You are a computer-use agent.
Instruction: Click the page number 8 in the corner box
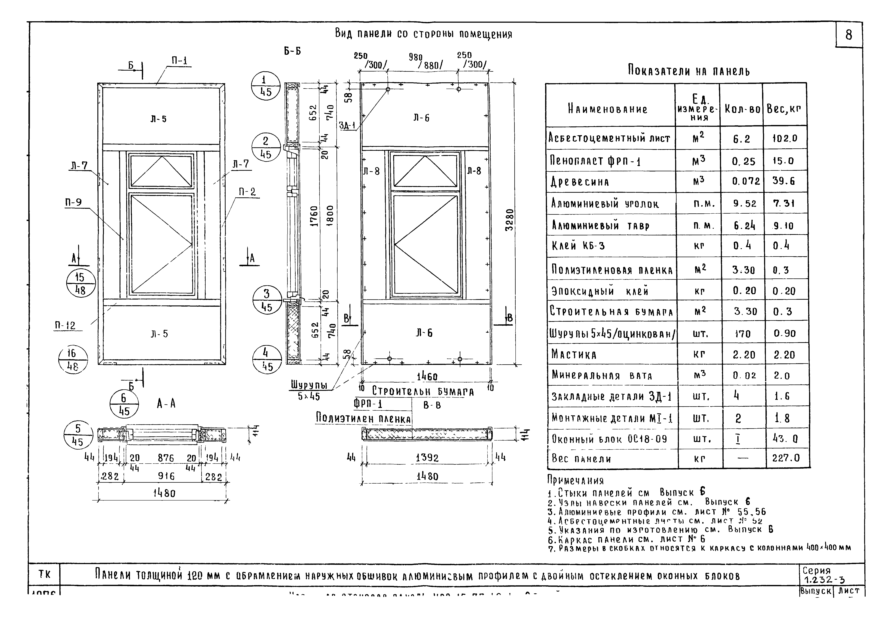point(848,35)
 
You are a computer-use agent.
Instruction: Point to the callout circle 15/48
point(80,283)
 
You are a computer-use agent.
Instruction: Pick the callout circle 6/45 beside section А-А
point(124,404)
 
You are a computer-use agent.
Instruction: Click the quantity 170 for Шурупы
point(743,334)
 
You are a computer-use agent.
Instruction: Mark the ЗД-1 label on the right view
point(347,125)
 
